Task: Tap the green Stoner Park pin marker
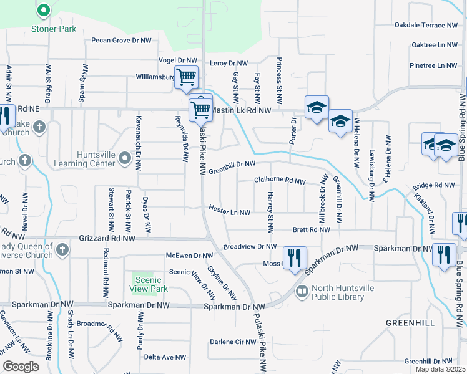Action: (43, 11)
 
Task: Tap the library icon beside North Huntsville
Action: (302, 291)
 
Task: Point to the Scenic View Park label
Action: (149, 285)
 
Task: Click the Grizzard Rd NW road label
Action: (108, 238)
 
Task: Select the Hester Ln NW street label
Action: (229, 212)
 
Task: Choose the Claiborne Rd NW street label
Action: (280, 181)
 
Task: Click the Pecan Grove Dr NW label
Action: (121, 41)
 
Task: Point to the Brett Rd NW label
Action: (311, 230)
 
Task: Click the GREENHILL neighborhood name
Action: (410, 323)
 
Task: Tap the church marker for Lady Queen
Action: (61, 250)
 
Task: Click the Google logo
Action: (21, 367)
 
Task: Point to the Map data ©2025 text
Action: (441, 369)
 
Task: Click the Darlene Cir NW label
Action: (230, 342)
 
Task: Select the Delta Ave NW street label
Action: (165, 357)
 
